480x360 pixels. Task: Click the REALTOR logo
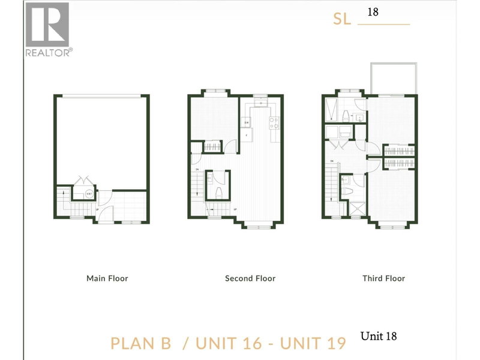pos(47,30)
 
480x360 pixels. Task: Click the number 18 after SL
pos(373,12)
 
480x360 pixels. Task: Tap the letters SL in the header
pos(341,19)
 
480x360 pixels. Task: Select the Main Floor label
pos(107,278)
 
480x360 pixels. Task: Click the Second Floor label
pos(250,278)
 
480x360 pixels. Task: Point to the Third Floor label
pos(383,278)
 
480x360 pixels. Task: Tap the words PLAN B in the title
pos(141,343)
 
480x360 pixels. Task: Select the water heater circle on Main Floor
pos(89,194)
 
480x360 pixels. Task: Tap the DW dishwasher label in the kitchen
pos(247,123)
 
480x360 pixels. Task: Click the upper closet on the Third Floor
pos(398,151)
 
